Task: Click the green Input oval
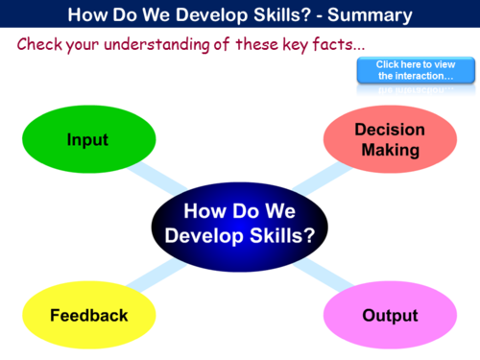[x=87, y=140]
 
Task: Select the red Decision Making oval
[x=389, y=140]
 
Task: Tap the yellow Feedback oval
[x=89, y=315]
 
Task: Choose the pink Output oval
[x=389, y=315]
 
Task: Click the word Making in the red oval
[x=390, y=150]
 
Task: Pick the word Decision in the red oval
[x=389, y=131]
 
